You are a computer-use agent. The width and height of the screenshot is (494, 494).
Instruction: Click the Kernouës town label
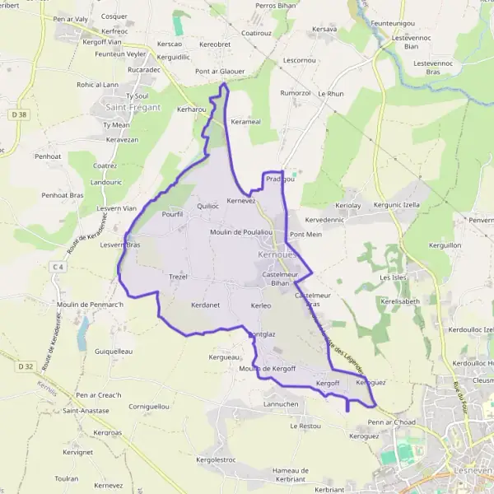tap(276, 255)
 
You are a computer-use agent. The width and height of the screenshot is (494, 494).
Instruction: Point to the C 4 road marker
tap(57, 267)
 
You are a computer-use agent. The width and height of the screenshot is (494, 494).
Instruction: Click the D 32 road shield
tap(25, 366)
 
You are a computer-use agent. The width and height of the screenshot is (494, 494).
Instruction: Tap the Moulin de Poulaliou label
tap(241, 232)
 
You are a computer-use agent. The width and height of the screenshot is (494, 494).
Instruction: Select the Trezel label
tap(179, 277)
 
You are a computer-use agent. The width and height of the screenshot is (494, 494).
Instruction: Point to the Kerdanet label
tap(205, 305)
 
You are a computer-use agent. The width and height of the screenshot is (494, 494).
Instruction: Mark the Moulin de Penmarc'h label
tap(91, 305)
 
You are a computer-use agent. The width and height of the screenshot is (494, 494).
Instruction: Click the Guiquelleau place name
tap(114, 351)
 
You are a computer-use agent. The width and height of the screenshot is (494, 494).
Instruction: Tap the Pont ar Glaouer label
tap(220, 72)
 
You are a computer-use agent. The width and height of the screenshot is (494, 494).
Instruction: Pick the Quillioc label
tap(208, 206)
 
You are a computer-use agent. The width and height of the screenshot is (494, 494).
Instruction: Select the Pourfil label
tap(173, 214)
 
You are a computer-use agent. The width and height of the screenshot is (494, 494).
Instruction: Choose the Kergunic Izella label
tap(397, 204)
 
